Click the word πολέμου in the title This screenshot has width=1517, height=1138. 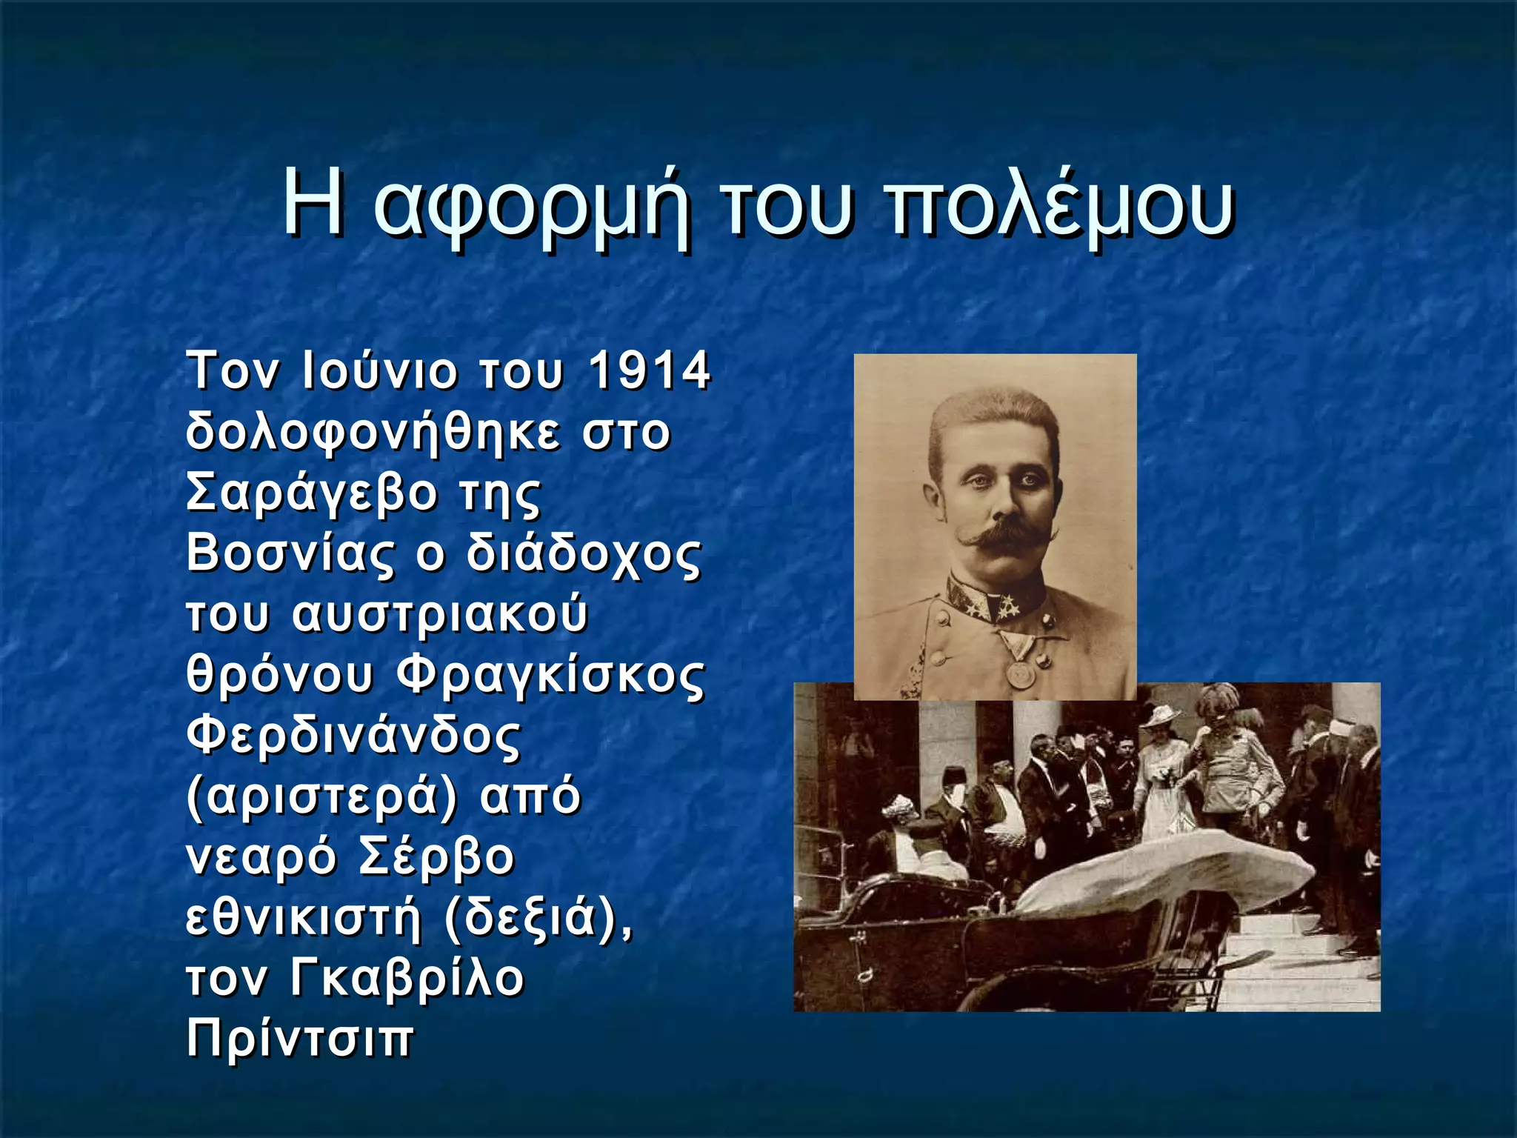coord(1060,205)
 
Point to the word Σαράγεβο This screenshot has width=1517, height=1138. coord(312,493)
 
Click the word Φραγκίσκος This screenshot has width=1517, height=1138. coord(550,675)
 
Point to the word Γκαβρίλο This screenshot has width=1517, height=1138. coord(406,979)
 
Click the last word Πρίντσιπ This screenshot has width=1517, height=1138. coord(299,1039)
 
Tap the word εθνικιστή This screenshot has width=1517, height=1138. coord(302,919)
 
